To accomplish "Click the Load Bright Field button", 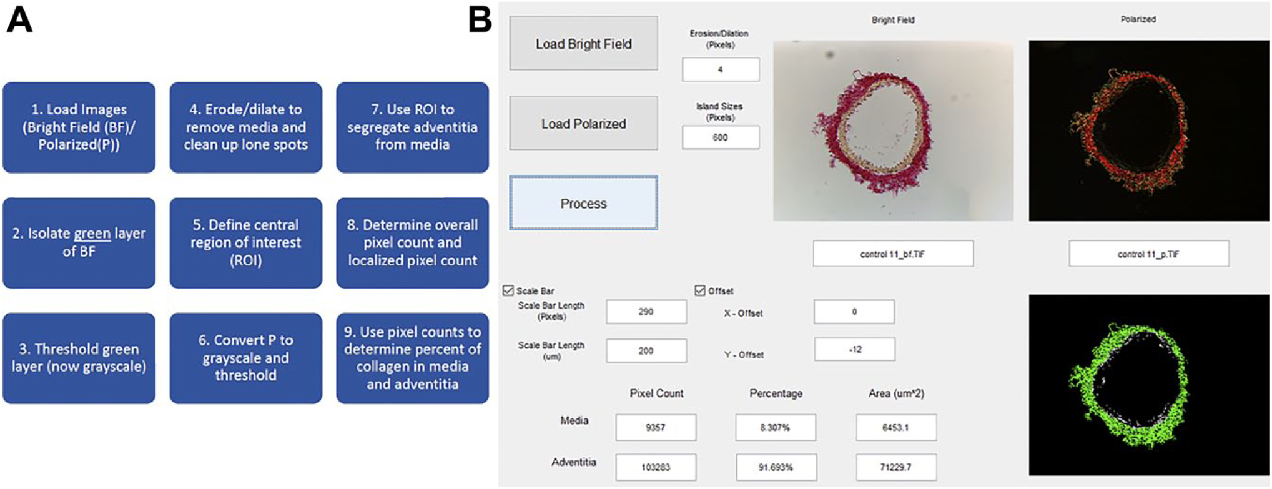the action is [x=583, y=44].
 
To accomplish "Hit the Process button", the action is [x=583, y=203].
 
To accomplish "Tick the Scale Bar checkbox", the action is [x=508, y=290].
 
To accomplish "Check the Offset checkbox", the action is [x=700, y=290].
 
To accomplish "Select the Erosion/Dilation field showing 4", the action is [x=721, y=69].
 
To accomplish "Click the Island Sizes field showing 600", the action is [x=721, y=137].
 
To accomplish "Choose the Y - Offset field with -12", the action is [x=855, y=350].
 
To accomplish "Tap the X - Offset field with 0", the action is [x=854, y=312].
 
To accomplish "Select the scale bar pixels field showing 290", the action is [x=646, y=312].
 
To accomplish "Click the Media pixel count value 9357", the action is [x=656, y=428].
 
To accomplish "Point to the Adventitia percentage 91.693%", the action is [x=776, y=467].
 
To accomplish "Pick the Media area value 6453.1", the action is [x=896, y=428].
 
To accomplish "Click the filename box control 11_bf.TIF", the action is [x=893, y=254].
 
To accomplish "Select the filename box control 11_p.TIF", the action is [x=1149, y=254].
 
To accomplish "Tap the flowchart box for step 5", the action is [x=245, y=243].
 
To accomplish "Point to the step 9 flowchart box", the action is [x=412, y=358].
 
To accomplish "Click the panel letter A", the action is [x=19, y=19].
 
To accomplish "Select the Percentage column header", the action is [x=776, y=393].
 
